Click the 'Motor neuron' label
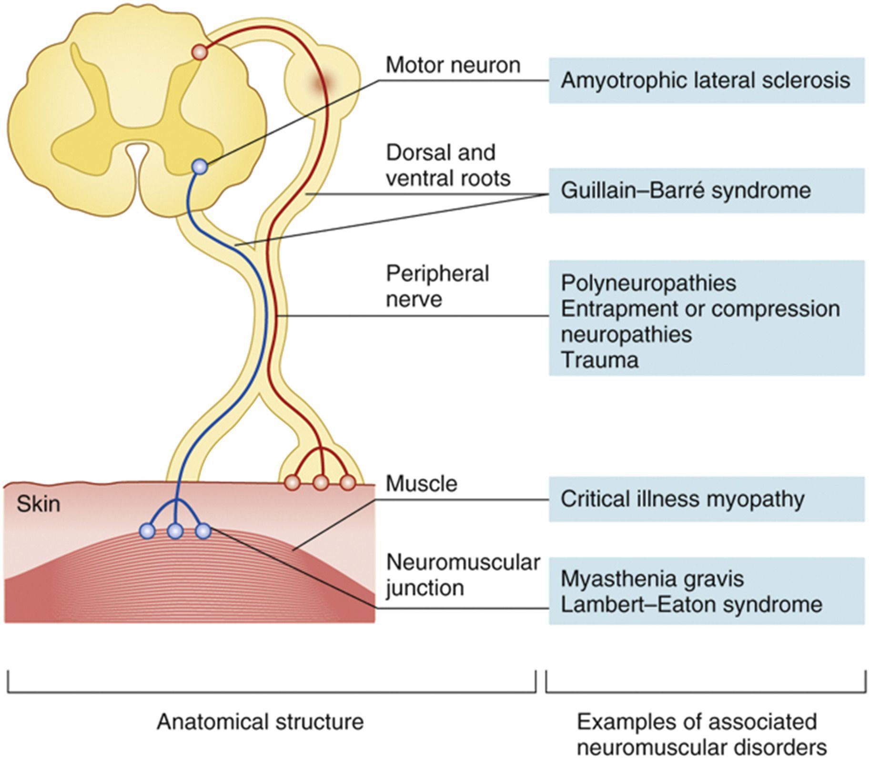pyautogui.click(x=453, y=65)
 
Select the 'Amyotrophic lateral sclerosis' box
pyautogui.click(x=706, y=80)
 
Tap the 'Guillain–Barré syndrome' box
pyautogui.click(x=706, y=190)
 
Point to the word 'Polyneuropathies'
pyautogui.click(x=648, y=283)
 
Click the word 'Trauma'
pyautogui.click(x=599, y=360)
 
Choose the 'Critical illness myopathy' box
pyautogui.click(x=706, y=499)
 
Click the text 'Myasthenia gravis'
pyautogui.click(x=652, y=579)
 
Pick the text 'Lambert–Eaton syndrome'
pyautogui.click(x=691, y=605)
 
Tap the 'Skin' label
pyautogui.click(x=38, y=504)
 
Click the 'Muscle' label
pyautogui.click(x=421, y=484)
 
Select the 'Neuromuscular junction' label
pyautogui.click(x=462, y=575)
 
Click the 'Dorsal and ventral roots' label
pyautogui.click(x=448, y=165)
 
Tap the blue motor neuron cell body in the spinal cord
pyautogui.click(x=200, y=167)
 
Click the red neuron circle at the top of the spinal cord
pyautogui.click(x=200, y=52)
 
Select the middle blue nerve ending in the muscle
pyautogui.click(x=176, y=531)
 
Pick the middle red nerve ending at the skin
pyautogui.click(x=321, y=483)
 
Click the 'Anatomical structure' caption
pyautogui.click(x=260, y=722)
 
